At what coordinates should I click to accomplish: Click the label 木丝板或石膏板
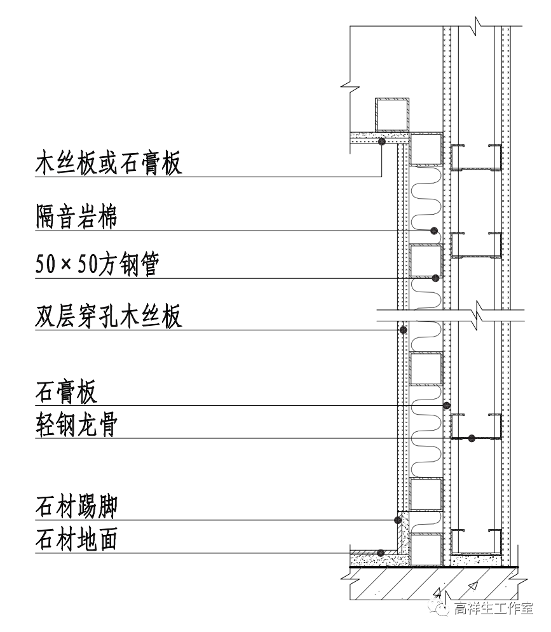[x=109, y=163]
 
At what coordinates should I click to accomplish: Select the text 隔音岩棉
[x=76, y=218]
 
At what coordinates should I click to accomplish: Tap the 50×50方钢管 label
[x=97, y=266]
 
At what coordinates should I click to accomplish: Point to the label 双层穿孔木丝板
[x=109, y=316]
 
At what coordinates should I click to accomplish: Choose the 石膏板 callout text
[x=66, y=393]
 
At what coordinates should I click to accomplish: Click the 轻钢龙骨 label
[x=76, y=426]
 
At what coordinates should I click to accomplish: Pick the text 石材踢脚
[x=76, y=508]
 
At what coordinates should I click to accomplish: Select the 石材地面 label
[x=76, y=541]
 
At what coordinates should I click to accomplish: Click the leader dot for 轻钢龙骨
[x=472, y=438]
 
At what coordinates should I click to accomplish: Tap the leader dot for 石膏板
[x=447, y=405]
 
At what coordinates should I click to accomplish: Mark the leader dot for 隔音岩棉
[x=434, y=230]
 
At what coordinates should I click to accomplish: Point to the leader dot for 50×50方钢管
[x=435, y=278]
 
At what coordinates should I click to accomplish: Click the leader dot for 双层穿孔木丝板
[x=402, y=330]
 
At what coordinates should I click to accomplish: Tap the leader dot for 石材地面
[x=380, y=553]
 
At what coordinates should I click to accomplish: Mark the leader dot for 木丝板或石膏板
[x=381, y=142]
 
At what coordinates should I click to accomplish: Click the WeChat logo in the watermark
[x=439, y=610]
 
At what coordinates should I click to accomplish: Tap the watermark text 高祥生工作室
[x=493, y=610]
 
